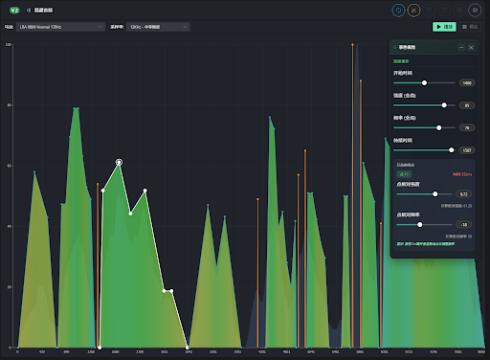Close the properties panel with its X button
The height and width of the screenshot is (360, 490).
pos(471,47)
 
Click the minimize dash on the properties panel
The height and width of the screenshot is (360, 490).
pos(461,47)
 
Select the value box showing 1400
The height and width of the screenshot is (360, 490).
pos(467,83)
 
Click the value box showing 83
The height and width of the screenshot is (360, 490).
pos(467,105)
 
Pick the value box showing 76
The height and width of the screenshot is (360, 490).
pos(467,127)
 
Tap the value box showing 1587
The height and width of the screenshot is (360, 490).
pos(467,150)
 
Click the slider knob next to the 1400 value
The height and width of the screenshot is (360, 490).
pos(424,83)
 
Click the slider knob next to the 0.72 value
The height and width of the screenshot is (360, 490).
pos(435,194)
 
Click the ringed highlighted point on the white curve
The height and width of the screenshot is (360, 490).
pos(119,163)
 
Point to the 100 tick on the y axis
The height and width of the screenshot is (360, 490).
pos(9,44)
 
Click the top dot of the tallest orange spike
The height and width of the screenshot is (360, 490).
pos(352,44)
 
